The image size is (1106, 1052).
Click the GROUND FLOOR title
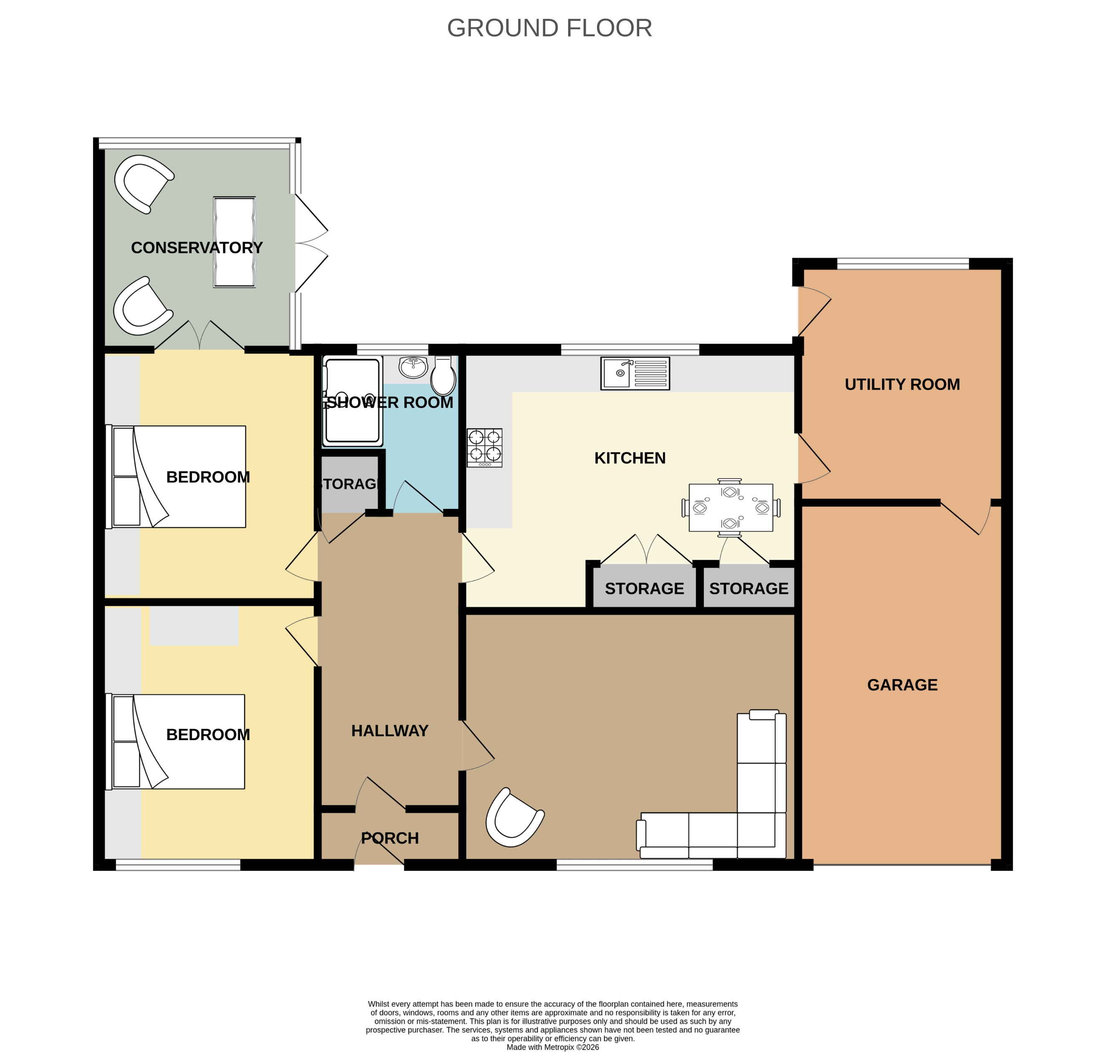pyautogui.click(x=549, y=28)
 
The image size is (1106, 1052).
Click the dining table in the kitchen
pyautogui.click(x=730, y=508)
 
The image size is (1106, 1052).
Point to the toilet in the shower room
pyautogui.click(x=443, y=377)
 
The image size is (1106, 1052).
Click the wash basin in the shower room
pyautogui.click(x=413, y=367)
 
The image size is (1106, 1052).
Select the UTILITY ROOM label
pyautogui.click(x=902, y=384)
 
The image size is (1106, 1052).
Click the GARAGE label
pyautogui.click(x=902, y=685)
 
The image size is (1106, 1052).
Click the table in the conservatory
pyautogui.click(x=235, y=242)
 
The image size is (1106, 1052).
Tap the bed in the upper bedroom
pyautogui.click(x=177, y=477)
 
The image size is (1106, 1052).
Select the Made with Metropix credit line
pyautogui.click(x=552, y=1047)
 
